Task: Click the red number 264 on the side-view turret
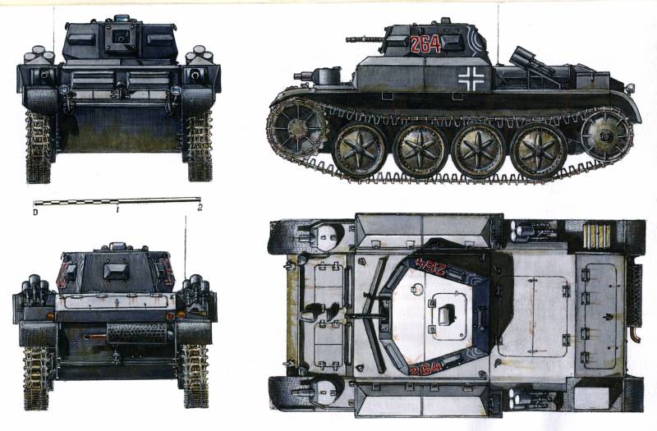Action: click(x=425, y=44)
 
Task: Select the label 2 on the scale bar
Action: click(x=200, y=208)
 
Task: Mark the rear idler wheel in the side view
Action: click(x=606, y=134)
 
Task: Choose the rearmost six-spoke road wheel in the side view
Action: click(x=539, y=149)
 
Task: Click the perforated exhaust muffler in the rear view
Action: click(x=137, y=333)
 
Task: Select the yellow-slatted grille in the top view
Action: click(x=597, y=236)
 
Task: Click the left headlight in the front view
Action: click(x=64, y=89)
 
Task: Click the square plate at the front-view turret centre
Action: click(x=122, y=35)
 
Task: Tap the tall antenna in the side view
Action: click(x=498, y=34)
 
